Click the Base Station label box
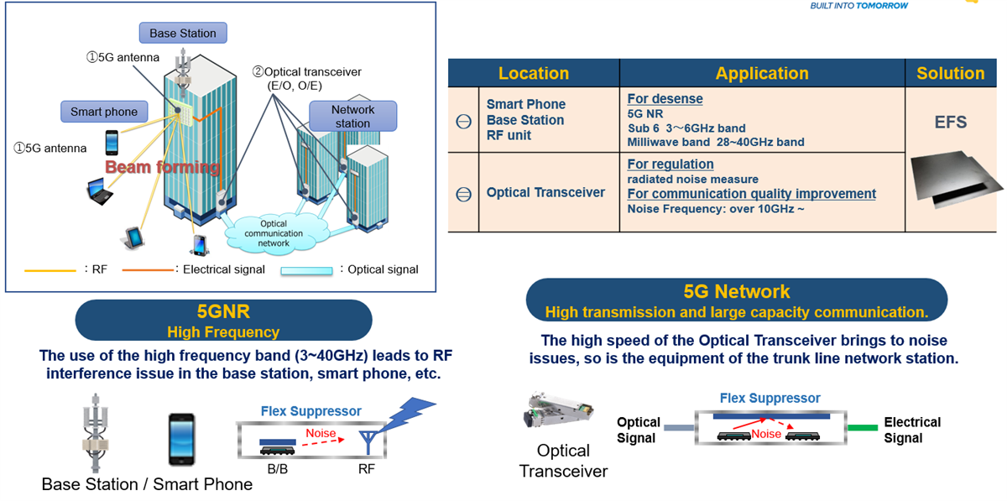click(182, 34)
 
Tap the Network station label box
click(352, 116)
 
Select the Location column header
click(533, 73)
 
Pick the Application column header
click(761, 73)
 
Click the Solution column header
click(950, 73)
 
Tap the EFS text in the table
click(950, 123)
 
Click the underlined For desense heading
click(665, 99)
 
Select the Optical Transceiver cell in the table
click(545, 192)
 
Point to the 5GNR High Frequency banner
click(223, 321)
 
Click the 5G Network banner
click(736, 300)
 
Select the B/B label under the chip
click(278, 469)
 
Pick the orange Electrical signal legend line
click(146, 270)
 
